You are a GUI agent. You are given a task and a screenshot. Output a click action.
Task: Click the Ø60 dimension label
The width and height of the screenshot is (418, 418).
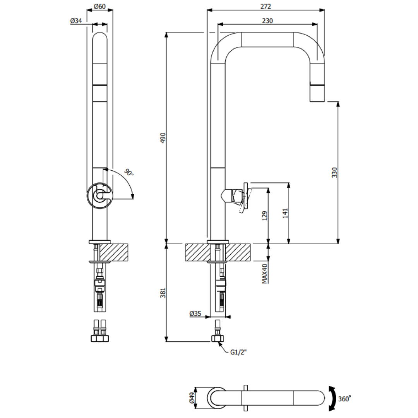coord(100,6)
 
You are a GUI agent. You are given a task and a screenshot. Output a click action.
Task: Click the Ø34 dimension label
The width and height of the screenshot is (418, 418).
coord(76,21)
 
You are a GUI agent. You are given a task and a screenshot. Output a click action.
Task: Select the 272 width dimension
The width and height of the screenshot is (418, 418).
coord(266,7)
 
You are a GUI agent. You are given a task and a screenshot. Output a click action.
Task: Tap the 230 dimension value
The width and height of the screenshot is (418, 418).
coord(267,21)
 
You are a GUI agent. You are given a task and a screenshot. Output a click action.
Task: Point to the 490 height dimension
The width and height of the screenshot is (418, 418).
coord(163,137)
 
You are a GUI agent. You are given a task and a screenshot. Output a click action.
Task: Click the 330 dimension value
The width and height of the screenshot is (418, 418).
coord(334,173)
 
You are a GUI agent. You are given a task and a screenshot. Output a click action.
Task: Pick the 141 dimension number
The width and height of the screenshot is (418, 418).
coord(285,213)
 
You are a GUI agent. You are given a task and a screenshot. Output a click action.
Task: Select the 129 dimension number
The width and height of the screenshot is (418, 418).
coord(265,216)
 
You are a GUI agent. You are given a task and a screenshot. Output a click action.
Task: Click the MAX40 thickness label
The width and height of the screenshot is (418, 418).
coord(264,274)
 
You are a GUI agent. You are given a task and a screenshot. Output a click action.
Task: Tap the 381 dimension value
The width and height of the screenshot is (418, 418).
coord(163,293)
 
